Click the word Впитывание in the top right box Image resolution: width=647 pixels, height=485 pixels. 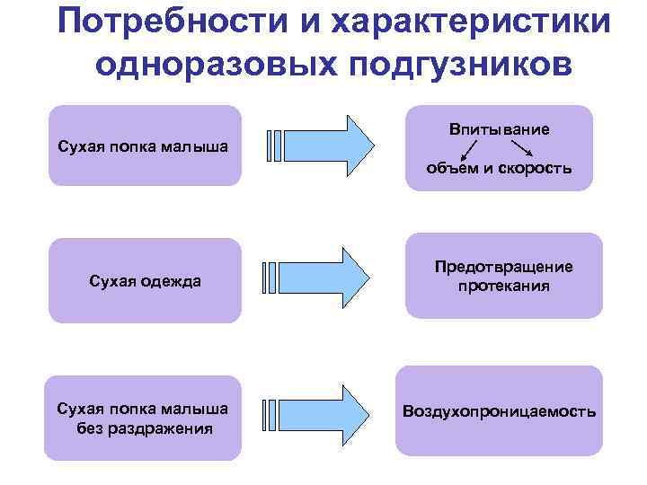click(x=500, y=130)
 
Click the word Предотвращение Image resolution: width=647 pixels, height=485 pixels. click(x=503, y=268)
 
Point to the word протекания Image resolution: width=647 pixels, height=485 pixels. click(x=503, y=287)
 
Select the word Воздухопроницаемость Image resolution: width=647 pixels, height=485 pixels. click(x=500, y=412)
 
